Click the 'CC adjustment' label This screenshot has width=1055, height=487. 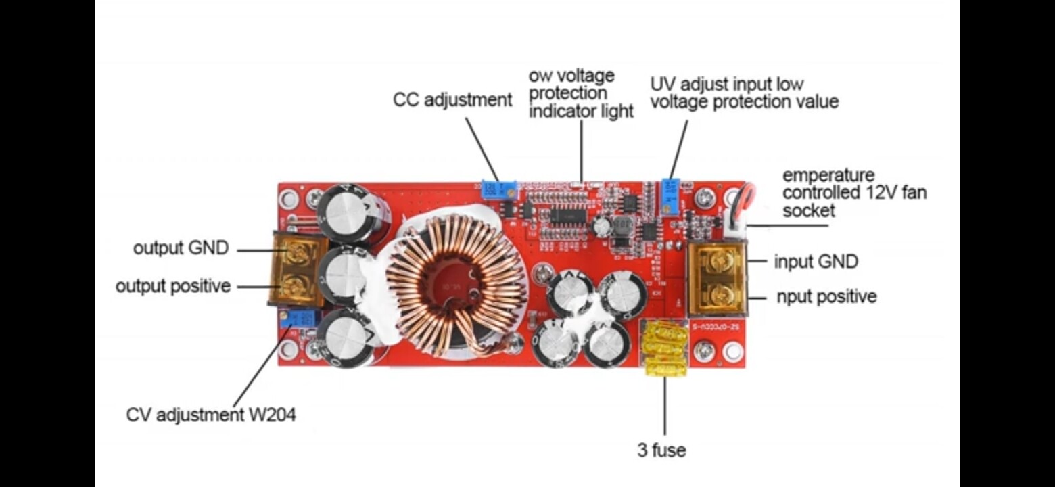452,100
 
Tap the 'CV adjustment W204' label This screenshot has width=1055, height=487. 211,415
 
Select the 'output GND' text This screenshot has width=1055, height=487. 181,248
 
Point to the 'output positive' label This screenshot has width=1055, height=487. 173,286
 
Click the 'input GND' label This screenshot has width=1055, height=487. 816,261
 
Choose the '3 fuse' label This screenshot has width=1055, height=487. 661,450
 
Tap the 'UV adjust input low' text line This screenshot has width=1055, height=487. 727,85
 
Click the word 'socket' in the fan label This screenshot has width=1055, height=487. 809,210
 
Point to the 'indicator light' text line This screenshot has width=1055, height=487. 581,111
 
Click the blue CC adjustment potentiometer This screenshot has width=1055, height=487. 498,189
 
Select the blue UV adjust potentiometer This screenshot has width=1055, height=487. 670,195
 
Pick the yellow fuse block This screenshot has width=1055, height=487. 665,349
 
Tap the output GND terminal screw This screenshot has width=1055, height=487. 296,254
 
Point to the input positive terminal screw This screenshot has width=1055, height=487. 718,296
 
